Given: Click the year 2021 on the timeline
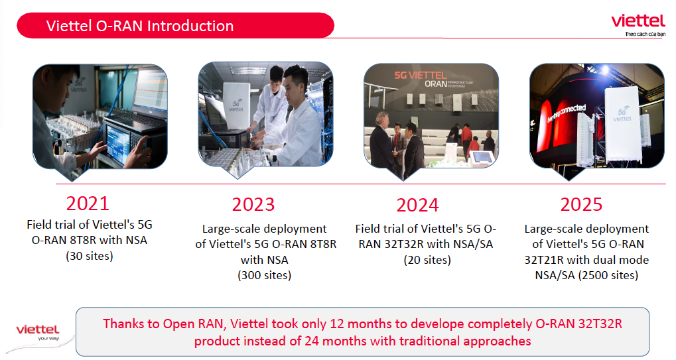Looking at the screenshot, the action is (88, 204).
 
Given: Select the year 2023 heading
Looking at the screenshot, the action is (253, 205).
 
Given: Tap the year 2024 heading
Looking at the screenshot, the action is (417, 205).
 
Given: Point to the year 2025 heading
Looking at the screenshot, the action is (581, 205).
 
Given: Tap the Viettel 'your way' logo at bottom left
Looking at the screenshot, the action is (38, 332).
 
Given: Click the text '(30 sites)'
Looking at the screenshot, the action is (90, 256).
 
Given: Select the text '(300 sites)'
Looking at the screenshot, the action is (264, 275).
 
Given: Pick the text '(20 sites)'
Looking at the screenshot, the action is (427, 260).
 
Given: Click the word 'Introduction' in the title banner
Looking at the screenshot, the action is (190, 26).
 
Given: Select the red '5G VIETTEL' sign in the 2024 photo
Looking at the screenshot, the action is (421, 76).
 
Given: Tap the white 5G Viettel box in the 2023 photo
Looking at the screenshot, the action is (236, 107).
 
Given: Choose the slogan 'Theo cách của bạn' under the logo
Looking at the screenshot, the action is (645, 34).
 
